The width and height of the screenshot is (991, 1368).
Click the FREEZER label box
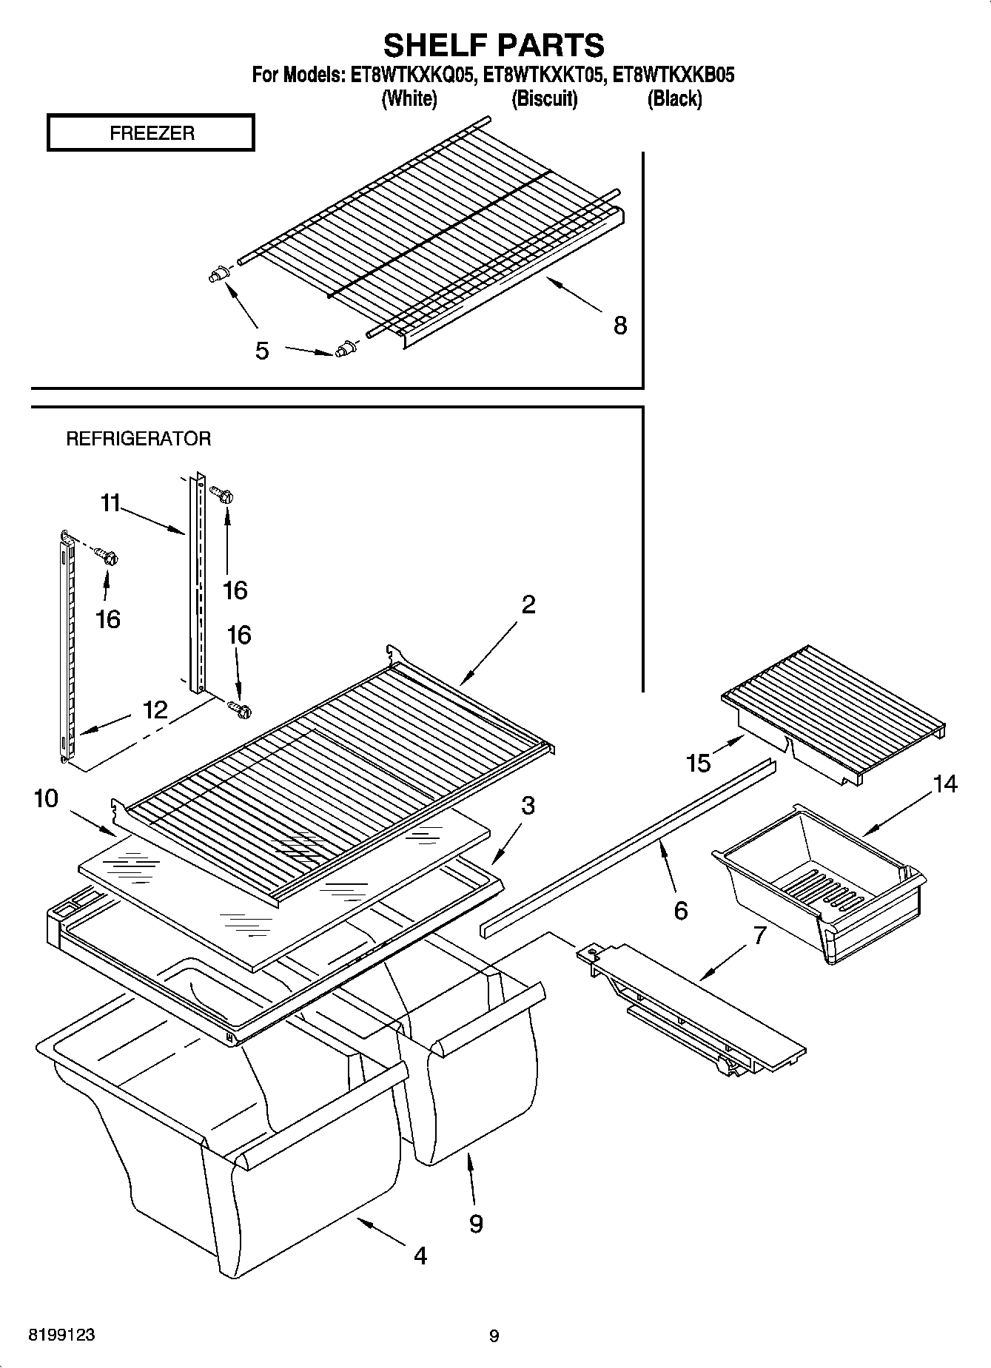click(x=151, y=133)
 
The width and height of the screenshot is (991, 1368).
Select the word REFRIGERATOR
click(x=138, y=439)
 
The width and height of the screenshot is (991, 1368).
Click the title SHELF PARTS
click(x=494, y=45)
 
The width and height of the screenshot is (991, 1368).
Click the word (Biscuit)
click(x=544, y=98)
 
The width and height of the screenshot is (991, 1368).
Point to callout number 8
click(x=620, y=325)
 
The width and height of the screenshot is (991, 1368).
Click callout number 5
click(x=262, y=351)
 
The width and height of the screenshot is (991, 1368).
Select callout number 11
click(x=110, y=503)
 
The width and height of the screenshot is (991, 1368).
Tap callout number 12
click(x=155, y=710)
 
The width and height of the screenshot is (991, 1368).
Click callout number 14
click(x=944, y=784)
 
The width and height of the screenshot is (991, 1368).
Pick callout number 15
click(x=699, y=763)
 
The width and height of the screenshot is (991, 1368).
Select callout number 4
click(x=420, y=1256)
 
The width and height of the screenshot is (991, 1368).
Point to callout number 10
click(x=45, y=798)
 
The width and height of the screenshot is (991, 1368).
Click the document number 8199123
click(x=61, y=1335)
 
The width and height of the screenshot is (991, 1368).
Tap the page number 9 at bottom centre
click(x=494, y=1336)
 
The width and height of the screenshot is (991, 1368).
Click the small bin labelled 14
click(x=818, y=880)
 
